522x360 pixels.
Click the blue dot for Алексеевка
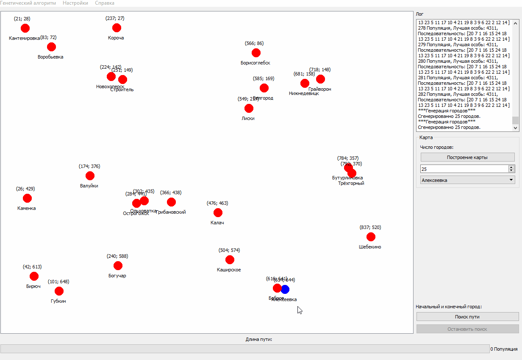click(285, 289)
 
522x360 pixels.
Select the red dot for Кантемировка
click(25, 28)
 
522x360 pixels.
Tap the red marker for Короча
click(117, 28)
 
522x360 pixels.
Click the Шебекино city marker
click(371, 237)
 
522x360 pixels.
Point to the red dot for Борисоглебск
click(256, 53)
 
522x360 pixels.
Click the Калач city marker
click(218, 212)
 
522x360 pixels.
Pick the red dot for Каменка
click(27, 198)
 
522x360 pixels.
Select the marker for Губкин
click(59, 291)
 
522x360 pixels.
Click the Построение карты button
click(467, 157)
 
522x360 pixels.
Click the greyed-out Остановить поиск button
click(467, 329)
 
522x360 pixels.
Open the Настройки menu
click(75, 3)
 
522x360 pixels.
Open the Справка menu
click(105, 3)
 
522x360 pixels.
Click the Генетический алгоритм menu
click(28, 3)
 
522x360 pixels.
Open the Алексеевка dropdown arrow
click(511, 180)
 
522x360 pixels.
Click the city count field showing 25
click(464, 169)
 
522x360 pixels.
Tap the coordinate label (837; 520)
click(370, 227)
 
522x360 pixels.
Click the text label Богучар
click(117, 276)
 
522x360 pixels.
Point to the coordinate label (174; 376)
click(89, 166)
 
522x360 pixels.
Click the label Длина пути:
click(258, 339)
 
